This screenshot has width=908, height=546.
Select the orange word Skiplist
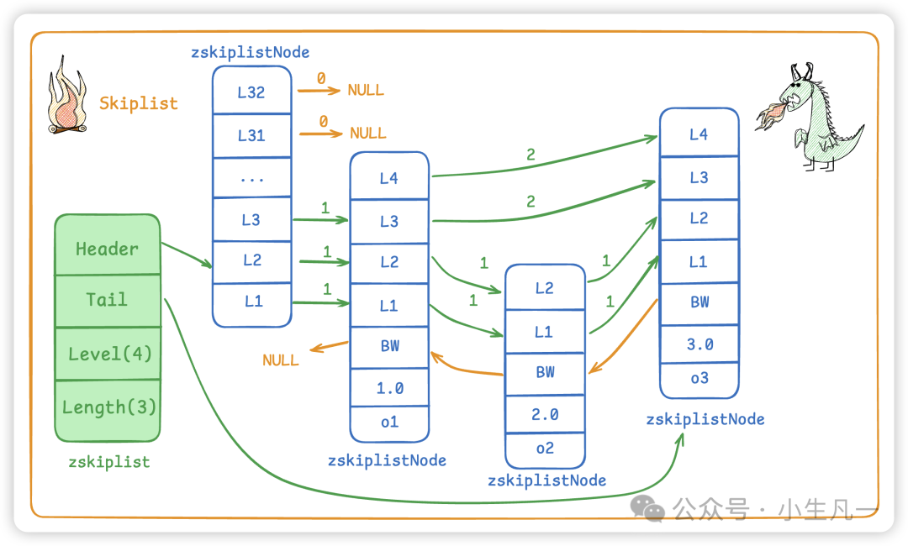139,103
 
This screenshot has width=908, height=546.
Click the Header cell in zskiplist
107,249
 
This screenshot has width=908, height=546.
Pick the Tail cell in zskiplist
107,300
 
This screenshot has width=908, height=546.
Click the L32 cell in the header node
251,92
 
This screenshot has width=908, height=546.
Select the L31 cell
251,134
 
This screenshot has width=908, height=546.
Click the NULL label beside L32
366,90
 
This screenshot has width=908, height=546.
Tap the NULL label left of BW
281,360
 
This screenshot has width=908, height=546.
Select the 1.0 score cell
389,388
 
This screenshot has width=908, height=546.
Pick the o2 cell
545,449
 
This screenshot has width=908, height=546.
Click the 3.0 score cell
699,344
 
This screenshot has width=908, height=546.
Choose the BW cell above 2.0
545,372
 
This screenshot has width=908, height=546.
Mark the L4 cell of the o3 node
699,134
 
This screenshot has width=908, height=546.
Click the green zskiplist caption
109,462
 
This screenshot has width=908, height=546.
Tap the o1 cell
389,423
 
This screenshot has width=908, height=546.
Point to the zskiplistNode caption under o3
705,419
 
